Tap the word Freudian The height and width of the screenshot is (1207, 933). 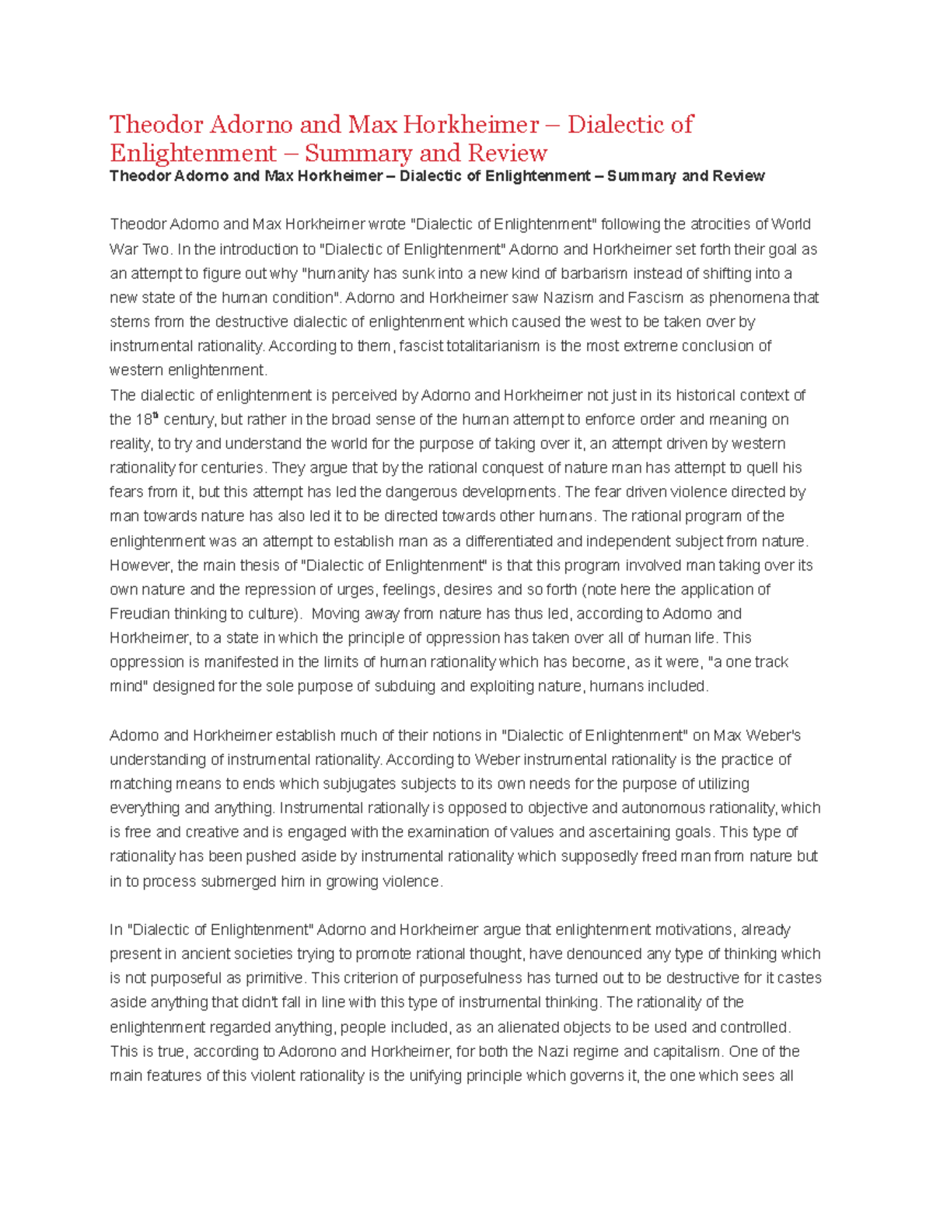(x=139, y=613)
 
